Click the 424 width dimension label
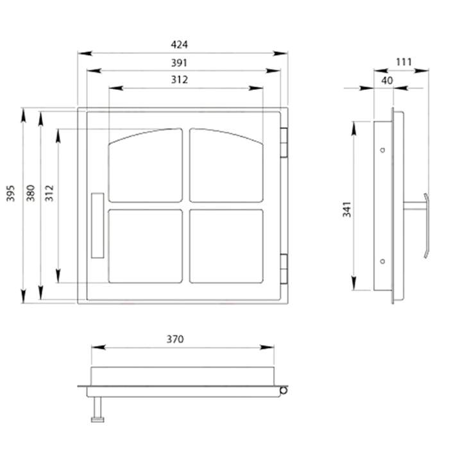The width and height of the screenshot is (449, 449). tap(179, 45)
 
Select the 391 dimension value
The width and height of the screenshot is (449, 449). tap(179, 63)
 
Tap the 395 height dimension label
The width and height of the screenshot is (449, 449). tap(11, 193)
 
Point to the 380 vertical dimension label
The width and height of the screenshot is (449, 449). tap(30, 193)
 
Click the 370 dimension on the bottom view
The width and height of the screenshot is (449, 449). tap(175, 339)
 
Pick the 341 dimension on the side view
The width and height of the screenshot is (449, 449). tap(347, 209)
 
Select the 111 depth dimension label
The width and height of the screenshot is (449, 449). tap(403, 62)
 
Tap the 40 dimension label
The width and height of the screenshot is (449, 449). tap(387, 80)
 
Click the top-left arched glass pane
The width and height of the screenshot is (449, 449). tap(146, 165)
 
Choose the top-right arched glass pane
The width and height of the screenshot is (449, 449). tap(226, 165)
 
